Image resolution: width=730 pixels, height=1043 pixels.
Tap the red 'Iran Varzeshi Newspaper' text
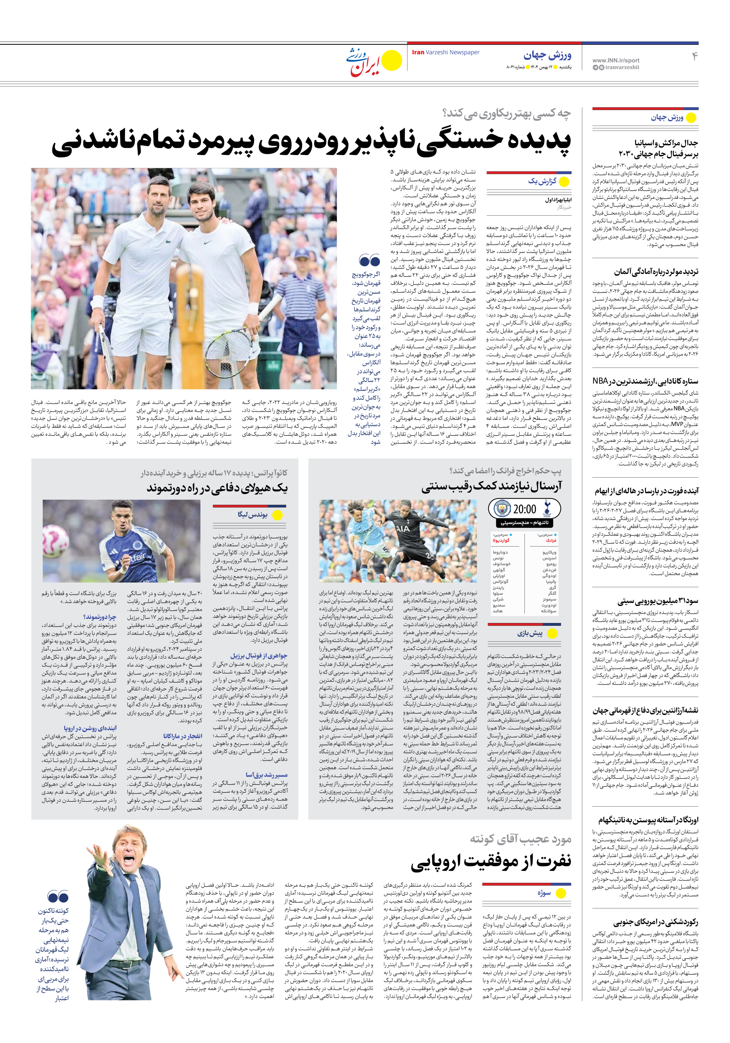[x=446, y=52]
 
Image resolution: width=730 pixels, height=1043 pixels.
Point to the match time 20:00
[x=525, y=509]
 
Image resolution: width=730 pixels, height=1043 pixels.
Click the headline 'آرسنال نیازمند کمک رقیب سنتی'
[x=491, y=487]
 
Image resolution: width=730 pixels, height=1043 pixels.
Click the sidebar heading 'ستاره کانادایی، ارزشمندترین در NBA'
[x=645, y=381]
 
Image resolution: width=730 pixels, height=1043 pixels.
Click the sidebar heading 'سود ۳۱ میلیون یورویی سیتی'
[x=658, y=601]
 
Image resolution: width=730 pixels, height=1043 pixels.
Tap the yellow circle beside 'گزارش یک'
[x=564, y=182]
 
